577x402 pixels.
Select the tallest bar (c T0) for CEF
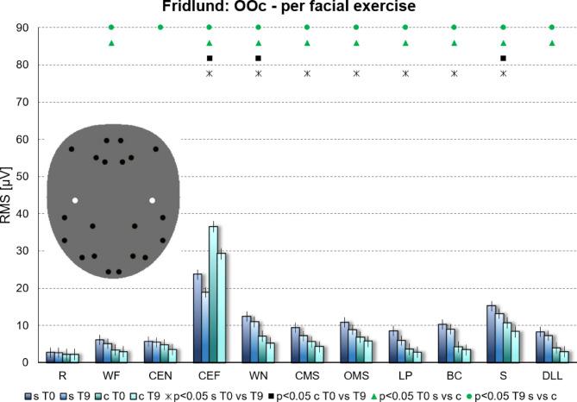point(213,293)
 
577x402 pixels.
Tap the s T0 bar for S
point(492,334)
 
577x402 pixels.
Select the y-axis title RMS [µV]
point(8,195)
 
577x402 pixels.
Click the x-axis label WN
point(258,376)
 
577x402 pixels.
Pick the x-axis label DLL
point(552,376)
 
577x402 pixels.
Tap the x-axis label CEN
point(160,376)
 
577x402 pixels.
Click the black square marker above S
point(504,59)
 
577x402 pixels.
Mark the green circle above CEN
point(160,28)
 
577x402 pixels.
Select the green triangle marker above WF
point(111,43)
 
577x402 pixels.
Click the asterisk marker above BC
point(455,74)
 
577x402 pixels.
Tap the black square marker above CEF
point(210,59)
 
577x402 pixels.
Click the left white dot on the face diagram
point(75,200)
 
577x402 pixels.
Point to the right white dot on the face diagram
point(152,200)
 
